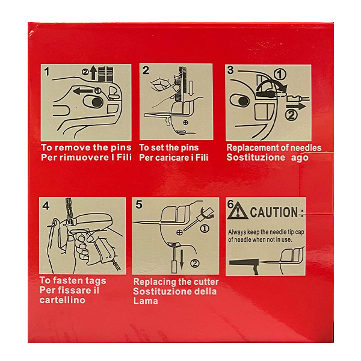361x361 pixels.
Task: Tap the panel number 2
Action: pyautogui.click(x=146, y=71)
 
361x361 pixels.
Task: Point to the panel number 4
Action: pyautogui.click(x=46, y=205)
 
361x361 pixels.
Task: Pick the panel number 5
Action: pyautogui.click(x=139, y=205)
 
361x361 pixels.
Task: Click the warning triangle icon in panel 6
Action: pyautogui.click(x=239, y=212)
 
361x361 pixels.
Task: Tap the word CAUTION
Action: pyautogui.click(x=274, y=212)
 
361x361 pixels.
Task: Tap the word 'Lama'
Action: pyautogui.click(x=146, y=301)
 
